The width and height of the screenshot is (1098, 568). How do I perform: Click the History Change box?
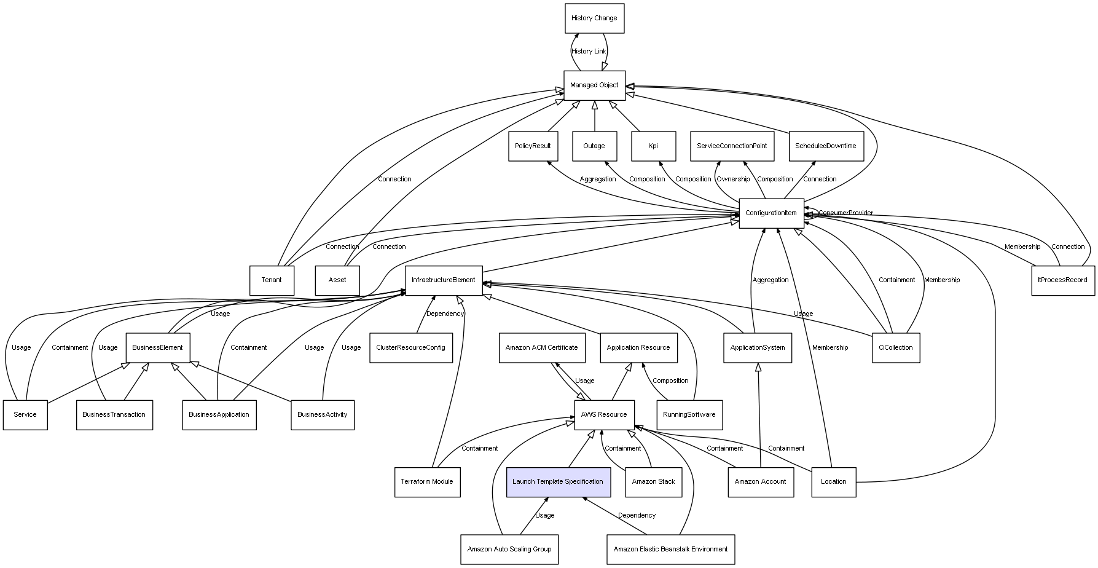pyautogui.click(x=594, y=18)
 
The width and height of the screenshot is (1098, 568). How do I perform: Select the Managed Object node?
pyautogui.click(x=594, y=85)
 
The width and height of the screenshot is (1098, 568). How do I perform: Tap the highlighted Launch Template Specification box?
pyautogui.click(x=558, y=482)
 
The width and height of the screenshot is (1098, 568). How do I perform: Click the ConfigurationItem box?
pyautogui.click(x=771, y=213)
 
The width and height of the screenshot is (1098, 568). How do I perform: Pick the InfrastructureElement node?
pyautogui.click(x=443, y=280)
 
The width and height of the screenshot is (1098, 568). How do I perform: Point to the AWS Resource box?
pyautogui.click(x=604, y=415)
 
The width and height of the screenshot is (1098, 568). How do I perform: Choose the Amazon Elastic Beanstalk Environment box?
pyautogui.click(x=670, y=550)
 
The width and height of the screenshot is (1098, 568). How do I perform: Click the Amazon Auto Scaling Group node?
pyautogui.click(x=509, y=550)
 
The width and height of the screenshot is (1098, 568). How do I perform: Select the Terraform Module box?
pyautogui.click(x=427, y=482)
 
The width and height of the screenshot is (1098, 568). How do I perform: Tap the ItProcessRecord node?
pyautogui.click(x=1062, y=280)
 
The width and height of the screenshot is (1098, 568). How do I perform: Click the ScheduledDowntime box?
pyautogui.click(x=825, y=146)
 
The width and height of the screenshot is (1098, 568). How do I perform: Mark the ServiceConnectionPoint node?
pyautogui.click(x=732, y=146)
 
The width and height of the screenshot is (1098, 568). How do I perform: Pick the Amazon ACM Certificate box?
pyautogui.click(x=541, y=348)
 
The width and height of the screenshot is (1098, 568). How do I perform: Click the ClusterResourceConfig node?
pyautogui.click(x=410, y=348)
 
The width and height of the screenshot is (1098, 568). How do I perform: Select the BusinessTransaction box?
pyautogui.click(x=114, y=415)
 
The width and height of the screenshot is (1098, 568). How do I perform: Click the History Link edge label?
pyautogui.click(x=589, y=52)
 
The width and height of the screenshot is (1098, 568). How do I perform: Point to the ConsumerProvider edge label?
pyautogui.click(x=845, y=213)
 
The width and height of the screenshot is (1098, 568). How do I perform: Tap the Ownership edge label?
pyautogui.click(x=733, y=179)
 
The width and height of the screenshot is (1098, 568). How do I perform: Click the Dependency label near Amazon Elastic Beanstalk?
pyautogui.click(x=637, y=516)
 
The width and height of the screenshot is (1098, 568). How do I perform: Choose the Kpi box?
pyautogui.click(x=653, y=146)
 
